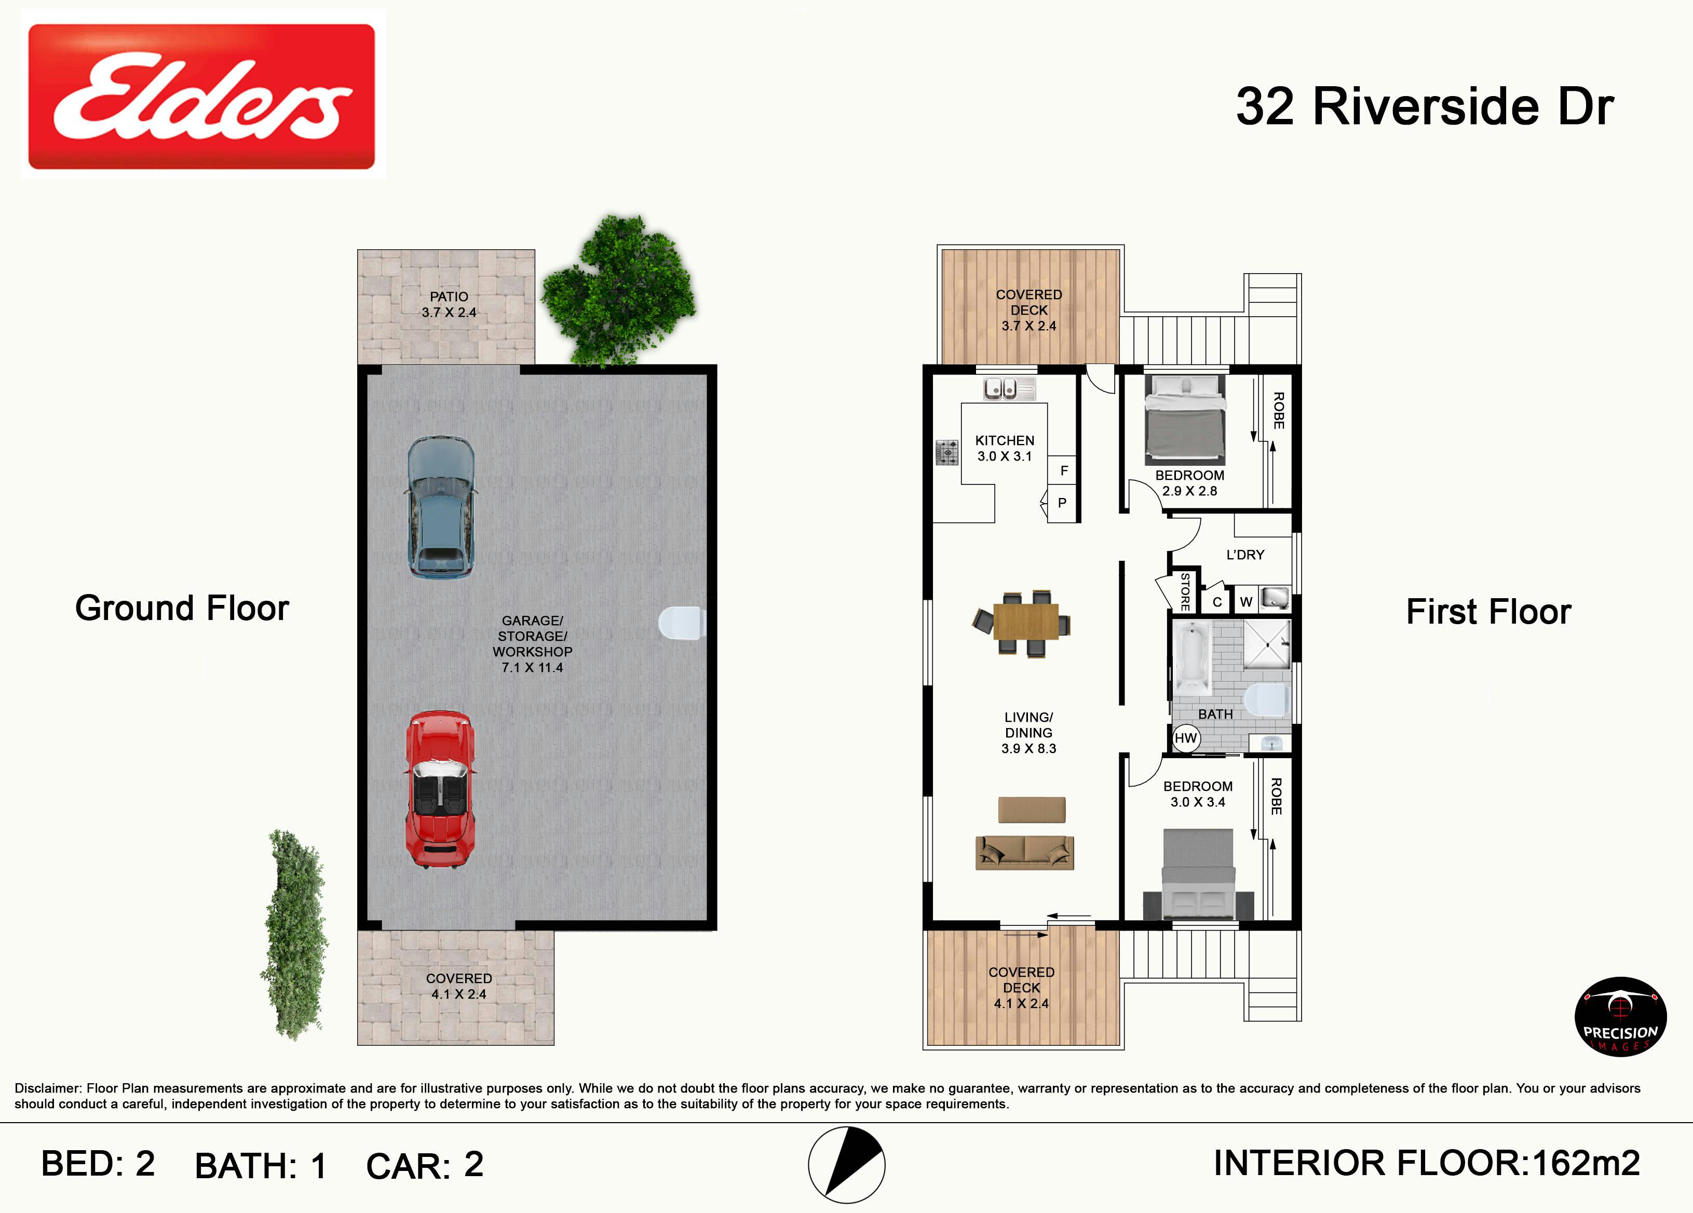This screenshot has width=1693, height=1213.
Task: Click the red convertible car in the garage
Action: (x=440, y=789)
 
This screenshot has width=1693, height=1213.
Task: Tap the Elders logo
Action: (x=201, y=96)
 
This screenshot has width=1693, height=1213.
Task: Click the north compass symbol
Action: (x=846, y=1165)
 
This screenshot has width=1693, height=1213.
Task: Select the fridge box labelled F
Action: (x=1062, y=470)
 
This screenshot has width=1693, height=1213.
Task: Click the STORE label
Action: (x=1185, y=591)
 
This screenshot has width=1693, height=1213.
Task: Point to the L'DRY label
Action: (x=1245, y=555)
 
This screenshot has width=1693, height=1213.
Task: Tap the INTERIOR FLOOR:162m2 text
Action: (x=1427, y=1163)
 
